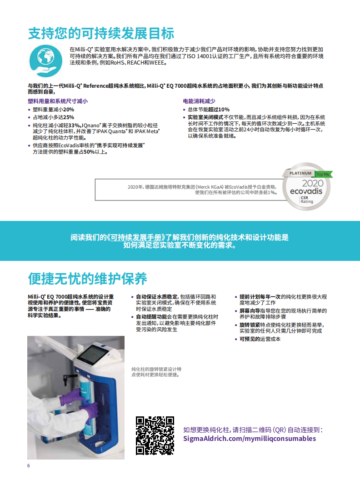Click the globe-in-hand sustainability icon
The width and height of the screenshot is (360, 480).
coord(45,61)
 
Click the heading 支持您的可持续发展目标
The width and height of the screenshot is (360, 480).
coord(101,33)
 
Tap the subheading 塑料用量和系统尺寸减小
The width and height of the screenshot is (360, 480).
coord(58,101)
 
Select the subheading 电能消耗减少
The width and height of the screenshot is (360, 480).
coord(199,101)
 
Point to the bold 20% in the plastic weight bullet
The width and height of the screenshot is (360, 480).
coord(69,110)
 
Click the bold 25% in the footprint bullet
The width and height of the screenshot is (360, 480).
coord(69,117)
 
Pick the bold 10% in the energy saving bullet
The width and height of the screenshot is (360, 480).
coord(224,110)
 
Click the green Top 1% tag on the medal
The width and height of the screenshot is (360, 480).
coord(323,174)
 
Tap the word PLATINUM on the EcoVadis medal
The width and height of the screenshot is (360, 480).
coord(300,173)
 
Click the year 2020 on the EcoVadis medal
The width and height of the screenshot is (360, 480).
coord(313,183)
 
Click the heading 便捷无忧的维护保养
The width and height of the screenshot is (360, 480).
coord(88,279)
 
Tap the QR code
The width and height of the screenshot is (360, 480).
coord(155,435)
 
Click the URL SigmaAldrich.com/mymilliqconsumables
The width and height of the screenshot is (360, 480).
coord(250,438)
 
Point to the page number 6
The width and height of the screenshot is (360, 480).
coord(29,465)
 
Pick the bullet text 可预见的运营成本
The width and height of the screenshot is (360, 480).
coord(260,339)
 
